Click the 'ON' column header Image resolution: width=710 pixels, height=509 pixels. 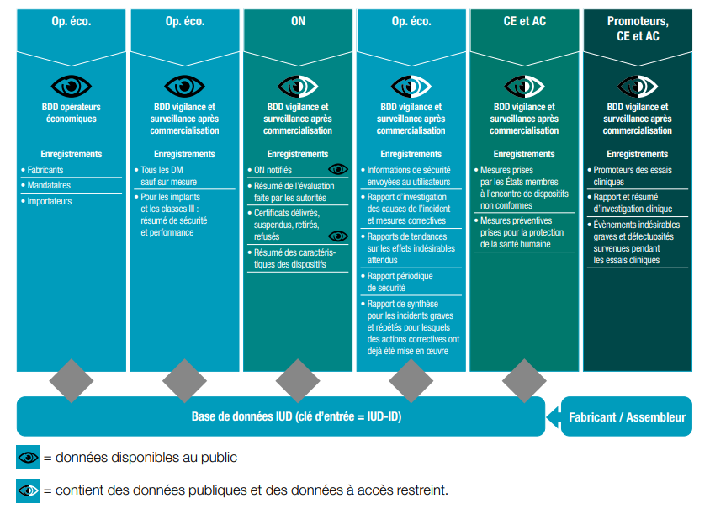point(298,21)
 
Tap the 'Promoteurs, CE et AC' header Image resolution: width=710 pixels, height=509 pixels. point(638,29)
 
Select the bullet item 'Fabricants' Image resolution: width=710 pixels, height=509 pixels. point(45,170)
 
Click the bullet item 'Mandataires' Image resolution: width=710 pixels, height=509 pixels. point(49,185)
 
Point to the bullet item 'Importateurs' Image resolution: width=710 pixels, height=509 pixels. point(49,201)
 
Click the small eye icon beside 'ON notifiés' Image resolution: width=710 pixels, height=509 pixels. point(338,169)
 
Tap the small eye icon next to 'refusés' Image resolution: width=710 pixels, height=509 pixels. point(338,236)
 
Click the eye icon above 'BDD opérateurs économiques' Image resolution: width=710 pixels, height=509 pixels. point(72,86)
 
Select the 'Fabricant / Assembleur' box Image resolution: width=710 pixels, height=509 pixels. point(627,416)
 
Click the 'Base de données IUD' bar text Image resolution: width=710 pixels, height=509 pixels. point(296,416)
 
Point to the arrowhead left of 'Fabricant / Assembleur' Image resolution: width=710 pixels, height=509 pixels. point(554,416)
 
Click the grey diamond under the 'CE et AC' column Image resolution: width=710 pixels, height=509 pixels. point(524,381)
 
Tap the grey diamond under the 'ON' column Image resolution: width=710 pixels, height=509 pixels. point(298,381)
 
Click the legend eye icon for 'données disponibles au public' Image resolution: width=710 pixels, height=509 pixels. point(28,458)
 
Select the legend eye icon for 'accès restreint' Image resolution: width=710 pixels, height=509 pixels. point(28,490)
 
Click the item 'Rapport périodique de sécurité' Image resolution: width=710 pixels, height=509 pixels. point(400,282)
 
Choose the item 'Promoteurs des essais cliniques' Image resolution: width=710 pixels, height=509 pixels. point(632,176)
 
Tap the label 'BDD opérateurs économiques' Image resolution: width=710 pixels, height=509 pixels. point(72,113)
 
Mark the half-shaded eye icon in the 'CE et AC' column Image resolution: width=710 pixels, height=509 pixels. point(524,86)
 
